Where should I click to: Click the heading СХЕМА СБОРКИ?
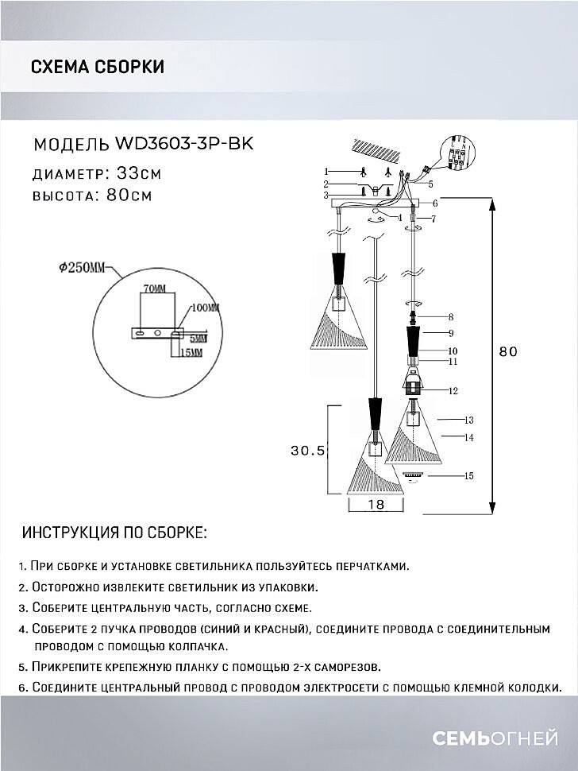click(98, 67)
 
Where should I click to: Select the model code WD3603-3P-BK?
click(185, 144)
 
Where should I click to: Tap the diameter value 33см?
click(139, 172)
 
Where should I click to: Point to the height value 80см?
click(129, 196)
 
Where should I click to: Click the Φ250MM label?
click(82, 269)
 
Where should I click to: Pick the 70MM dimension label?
click(155, 287)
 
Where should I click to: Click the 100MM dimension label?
click(205, 307)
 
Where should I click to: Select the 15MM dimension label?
click(191, 351)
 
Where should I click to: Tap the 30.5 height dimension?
click(308, 451)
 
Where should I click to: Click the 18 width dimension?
click(378, 505)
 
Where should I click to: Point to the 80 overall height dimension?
click(508, 351)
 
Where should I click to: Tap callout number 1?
click(326, 171)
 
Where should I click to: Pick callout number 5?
click(430, 184)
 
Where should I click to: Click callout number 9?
click(449, 332)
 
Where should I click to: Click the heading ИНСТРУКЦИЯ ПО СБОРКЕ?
click(114, 532)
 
